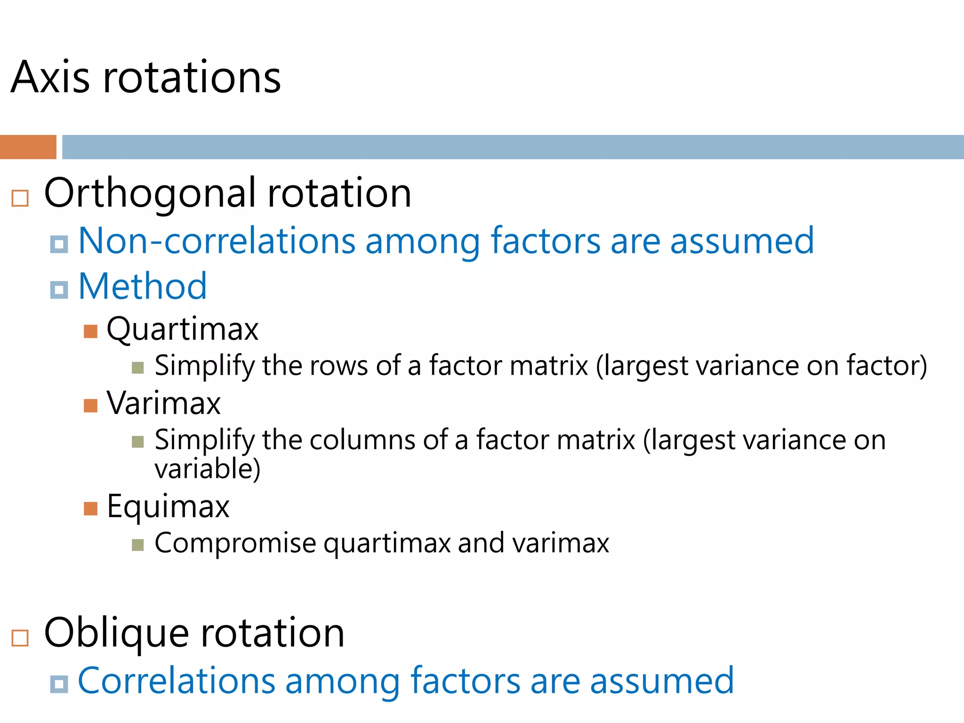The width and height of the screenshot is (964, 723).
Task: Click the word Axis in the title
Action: click(50, 78)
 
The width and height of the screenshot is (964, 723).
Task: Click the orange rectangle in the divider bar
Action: click(28, 147)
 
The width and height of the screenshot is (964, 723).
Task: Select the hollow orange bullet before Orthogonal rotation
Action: click(20, 198)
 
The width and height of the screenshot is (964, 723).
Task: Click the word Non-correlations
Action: click(216, 241)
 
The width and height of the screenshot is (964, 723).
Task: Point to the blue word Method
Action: click(142, 286)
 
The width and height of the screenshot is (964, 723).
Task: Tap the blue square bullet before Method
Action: click(59, 289)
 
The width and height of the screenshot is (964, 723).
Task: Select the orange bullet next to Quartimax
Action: click(90, 331)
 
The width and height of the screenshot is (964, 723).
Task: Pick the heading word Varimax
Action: click(163, 403)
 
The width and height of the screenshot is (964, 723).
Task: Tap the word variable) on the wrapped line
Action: click(207, 469)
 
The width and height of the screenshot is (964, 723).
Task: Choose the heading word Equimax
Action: click(168, 507)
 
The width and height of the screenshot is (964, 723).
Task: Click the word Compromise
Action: click(235, 543)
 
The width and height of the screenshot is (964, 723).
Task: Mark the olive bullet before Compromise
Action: click(137, 545)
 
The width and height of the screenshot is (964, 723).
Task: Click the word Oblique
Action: click(116, 633)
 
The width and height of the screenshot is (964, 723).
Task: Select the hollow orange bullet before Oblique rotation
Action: click(20, 638)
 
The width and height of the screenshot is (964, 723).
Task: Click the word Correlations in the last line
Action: click(176, 681)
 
